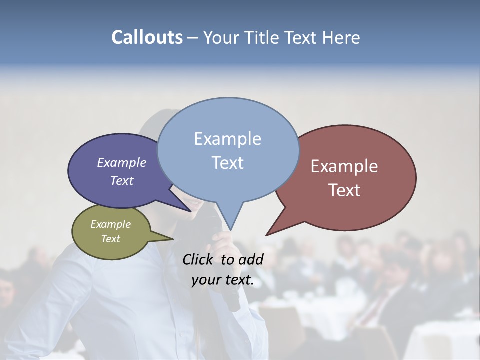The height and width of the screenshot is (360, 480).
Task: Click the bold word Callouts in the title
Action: (x=147, y=37)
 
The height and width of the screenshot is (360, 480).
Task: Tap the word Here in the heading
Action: (x=342, y=38)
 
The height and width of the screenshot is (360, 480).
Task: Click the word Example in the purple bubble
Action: (x=121, y=162)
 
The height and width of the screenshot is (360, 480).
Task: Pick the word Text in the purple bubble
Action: (x=121, y=180)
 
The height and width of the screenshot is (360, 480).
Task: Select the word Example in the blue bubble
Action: (x=227, y=139)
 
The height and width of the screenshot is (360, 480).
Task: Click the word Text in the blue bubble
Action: (x=227, y=163)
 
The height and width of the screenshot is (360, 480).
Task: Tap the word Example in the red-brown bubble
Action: (x=344, y=166)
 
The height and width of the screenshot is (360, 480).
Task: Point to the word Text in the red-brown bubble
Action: (x=344, y=190)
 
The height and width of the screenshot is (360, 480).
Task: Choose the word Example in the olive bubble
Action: (x=110, y=224)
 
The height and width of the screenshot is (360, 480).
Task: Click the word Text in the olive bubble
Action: (x=110, y=239)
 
